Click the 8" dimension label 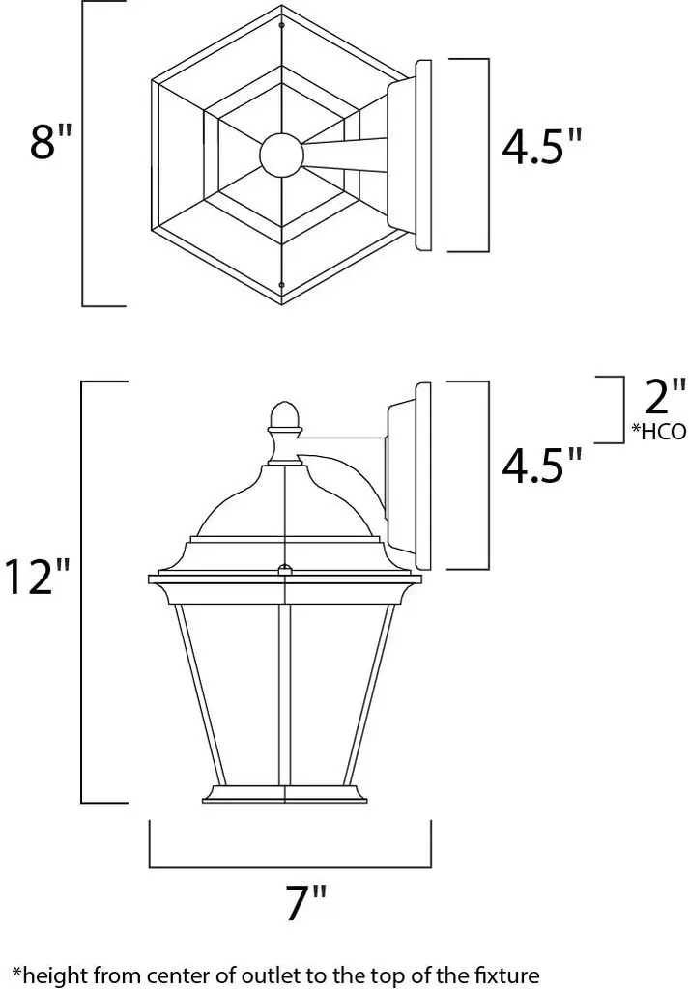click(51, 141)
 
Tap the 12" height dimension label click(38, 577)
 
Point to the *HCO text click(659, 432)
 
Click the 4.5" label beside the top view click(541, 148)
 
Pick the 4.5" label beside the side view click(541, 466)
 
